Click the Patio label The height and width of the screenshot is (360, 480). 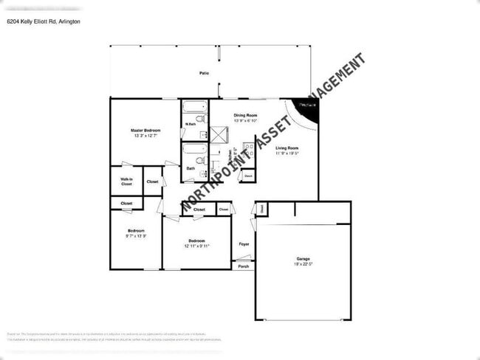click(x=203, y=74)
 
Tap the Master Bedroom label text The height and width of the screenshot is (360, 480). click(x=146, y=131)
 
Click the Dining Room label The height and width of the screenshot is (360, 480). click(x=246, y=116)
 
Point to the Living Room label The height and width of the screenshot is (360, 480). click(x=287, y=148)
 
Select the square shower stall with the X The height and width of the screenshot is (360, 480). click(x=219, y=134)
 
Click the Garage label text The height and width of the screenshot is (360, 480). click(x=303, y=258)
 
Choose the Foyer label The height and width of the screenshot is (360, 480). click(x=244, y=243)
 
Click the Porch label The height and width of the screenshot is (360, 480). click(x=244, y=266)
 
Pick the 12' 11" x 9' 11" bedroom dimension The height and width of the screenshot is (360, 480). click(x=197, y=246)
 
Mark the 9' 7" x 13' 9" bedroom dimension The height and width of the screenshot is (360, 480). click(x=136, y=236)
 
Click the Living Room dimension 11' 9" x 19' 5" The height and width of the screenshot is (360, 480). click(x=287, y=153)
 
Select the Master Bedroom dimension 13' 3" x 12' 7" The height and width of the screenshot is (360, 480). click(x=146, y=136)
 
